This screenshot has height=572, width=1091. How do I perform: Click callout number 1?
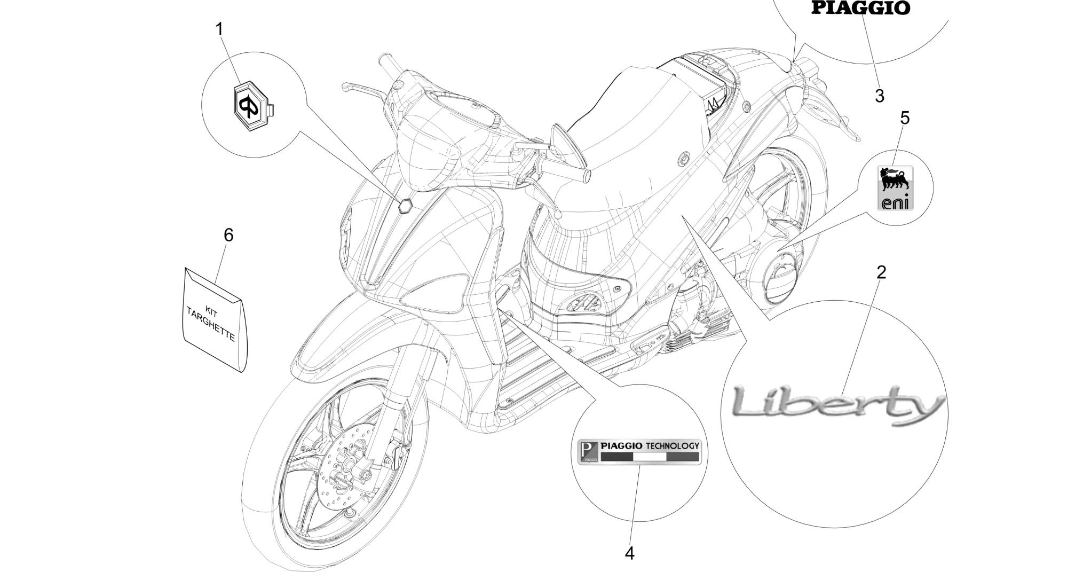pyautogui.click(x=219, y=29)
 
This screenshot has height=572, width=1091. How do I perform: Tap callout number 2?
pyautogui.click(x=881, y=272)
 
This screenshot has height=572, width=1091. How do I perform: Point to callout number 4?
pyautogui.click(x=630, y=554)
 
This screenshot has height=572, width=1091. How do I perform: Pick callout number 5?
pyautogui.click(x=905, y=118)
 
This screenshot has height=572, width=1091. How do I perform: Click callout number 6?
pyautogui.click(x=228, y=235)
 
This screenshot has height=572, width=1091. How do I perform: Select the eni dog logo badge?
pyautogui.click(x=895, y=188)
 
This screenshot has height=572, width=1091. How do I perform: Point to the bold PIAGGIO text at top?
pyautogui.click(x=860, y=7)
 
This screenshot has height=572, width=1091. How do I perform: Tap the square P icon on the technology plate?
pyautogui.click(x=589, y=452)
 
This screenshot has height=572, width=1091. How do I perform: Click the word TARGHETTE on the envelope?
pyautogui.click(x=210, y=325)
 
